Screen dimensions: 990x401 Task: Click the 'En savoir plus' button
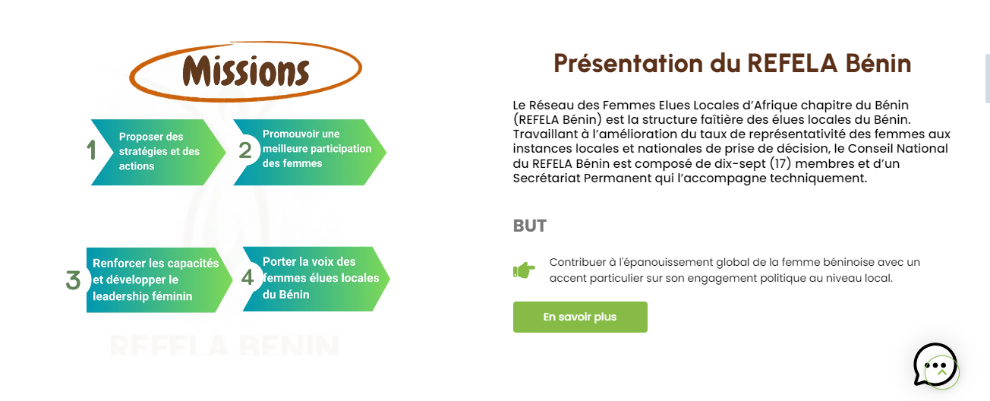pos(580,317)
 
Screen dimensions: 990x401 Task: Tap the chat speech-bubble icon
pos(935,365)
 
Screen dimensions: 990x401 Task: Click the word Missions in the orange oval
pos(246,71)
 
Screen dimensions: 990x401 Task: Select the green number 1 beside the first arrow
pos(92,150)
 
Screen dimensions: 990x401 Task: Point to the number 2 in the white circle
pos(245,150)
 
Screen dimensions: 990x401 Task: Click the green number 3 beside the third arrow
pos(74,280)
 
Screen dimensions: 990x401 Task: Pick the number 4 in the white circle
pos(247,278)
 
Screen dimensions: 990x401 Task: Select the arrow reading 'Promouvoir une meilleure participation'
pos(311,152)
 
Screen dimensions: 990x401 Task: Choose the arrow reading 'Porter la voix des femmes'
pos(317,279)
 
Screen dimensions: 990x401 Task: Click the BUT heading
pos(529,226)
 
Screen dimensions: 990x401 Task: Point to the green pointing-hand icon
pos(524,270)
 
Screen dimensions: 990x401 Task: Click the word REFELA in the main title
pos(793,63)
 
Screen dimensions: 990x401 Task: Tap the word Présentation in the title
pos(629,63)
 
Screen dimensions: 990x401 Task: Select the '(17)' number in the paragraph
pos(780,163)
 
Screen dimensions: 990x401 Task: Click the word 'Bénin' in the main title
pos(878,63)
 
